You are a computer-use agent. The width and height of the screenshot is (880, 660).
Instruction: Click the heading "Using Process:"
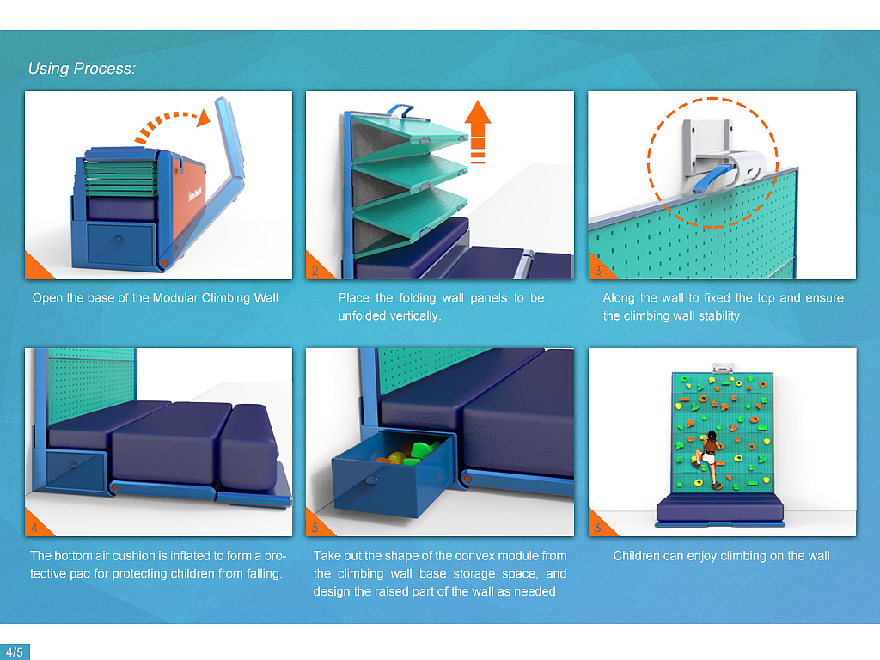[x=82, y=69]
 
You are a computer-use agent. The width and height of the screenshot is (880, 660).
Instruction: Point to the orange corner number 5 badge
[x=315, y=527]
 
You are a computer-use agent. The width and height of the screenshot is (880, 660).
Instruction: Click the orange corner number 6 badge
[x=597, y=527]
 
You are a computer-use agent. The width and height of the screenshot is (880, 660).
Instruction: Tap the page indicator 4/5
[x=15, y=651]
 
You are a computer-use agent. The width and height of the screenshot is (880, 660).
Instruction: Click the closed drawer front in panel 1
[x=120, y=244]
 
